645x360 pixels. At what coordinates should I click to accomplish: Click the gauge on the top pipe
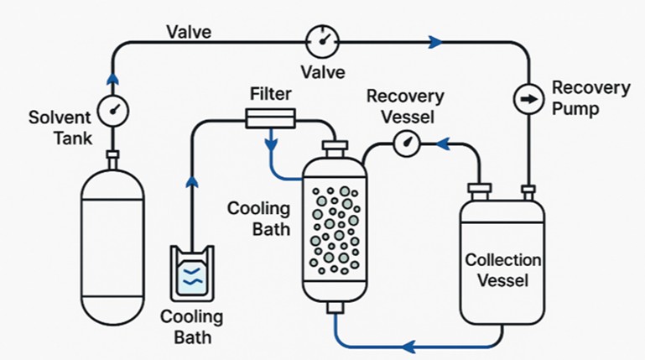322,39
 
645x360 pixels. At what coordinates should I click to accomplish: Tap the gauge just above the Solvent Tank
112,109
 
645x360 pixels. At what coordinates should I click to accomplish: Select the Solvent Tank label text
56,128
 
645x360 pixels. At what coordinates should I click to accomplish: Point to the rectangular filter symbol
270,118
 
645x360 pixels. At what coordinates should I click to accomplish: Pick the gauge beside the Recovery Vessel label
407,143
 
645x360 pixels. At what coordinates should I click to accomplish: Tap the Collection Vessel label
503,270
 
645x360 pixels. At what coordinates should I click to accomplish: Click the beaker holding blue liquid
192,273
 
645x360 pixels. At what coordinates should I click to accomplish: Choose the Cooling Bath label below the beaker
191,327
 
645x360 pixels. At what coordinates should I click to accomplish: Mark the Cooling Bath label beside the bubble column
259,217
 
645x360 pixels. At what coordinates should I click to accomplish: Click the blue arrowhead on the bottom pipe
408,345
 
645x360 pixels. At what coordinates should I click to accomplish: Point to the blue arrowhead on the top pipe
434,39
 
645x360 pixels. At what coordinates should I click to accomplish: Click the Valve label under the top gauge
322,72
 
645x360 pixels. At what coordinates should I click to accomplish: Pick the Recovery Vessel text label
406,106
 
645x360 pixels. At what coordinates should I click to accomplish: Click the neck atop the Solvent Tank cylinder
112,158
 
